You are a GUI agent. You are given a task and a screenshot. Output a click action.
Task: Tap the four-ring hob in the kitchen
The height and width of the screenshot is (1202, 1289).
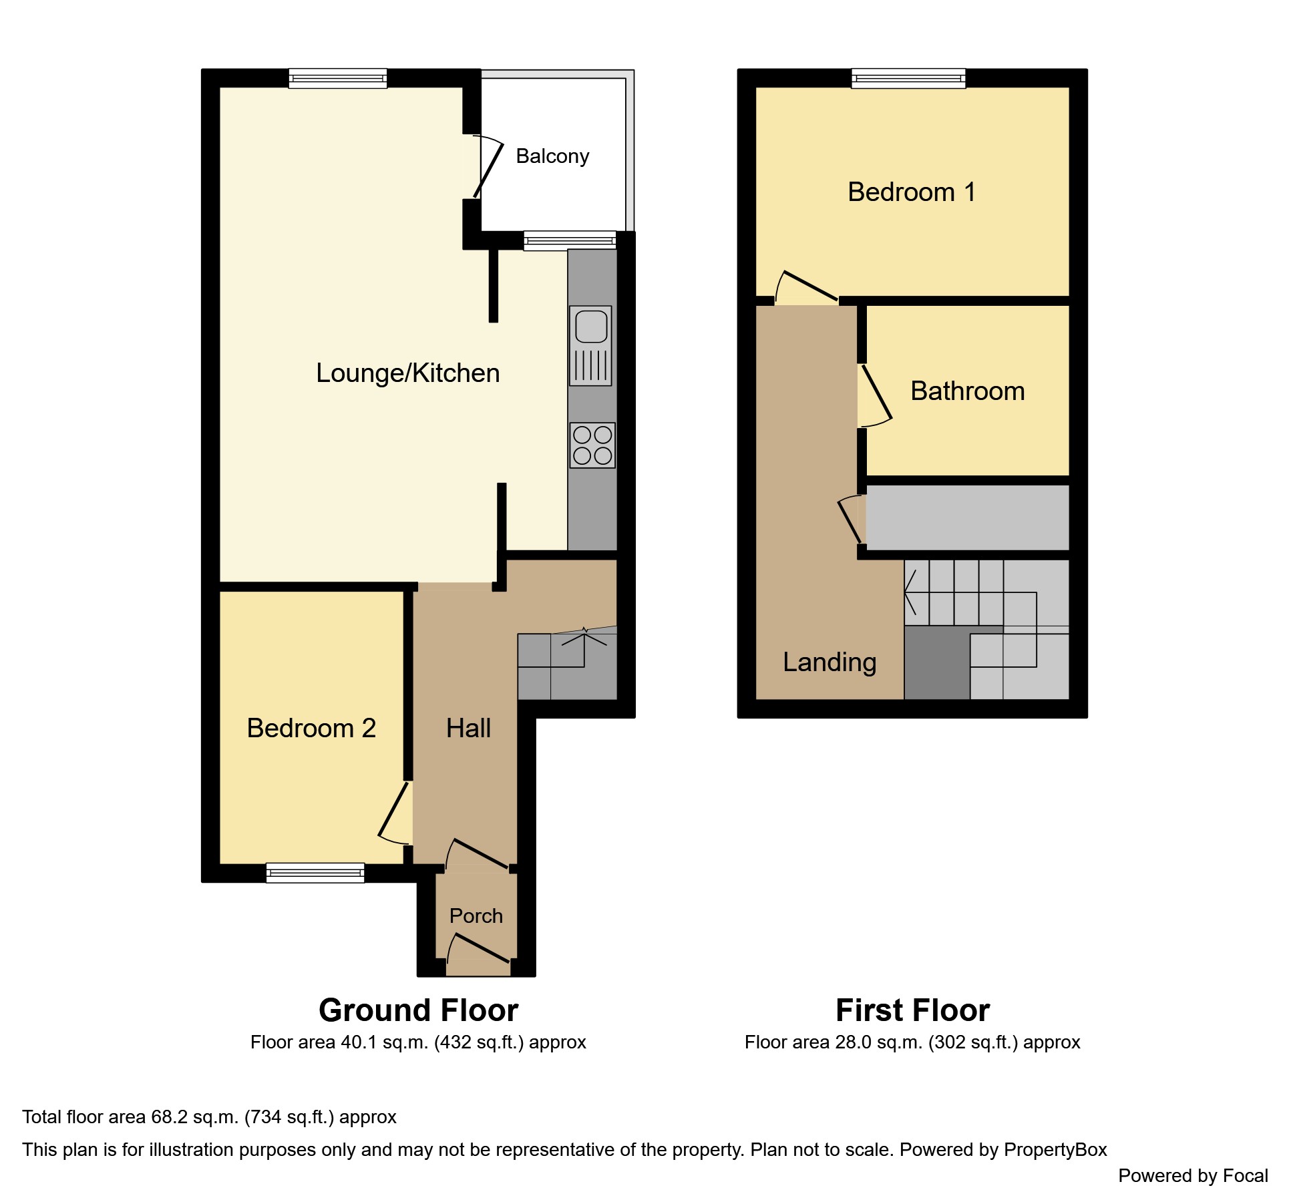pyautogui.click(x=592, y=445)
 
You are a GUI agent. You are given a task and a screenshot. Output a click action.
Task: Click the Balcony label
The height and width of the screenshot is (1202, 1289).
pyautogui.click(x=553, y=156)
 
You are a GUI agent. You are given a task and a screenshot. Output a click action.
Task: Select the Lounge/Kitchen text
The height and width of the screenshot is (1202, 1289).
pyautogui.click(x=408, y=373)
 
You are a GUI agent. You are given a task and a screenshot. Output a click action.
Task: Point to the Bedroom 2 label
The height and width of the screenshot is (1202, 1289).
pyautogui.click(x=311, y=728)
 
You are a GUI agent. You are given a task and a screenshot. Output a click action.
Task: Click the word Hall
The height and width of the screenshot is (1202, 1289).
pyautogui.click(x=468, y=728)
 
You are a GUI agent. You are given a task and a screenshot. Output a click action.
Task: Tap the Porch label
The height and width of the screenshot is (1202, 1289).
pyautogui.click(x=476, y=916)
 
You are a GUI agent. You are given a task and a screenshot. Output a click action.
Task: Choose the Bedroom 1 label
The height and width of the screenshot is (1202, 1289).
pyautogui.click(x=912, y=192)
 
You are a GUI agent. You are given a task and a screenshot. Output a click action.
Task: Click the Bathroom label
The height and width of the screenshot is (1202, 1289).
pyautogui.click(x=968, y=391)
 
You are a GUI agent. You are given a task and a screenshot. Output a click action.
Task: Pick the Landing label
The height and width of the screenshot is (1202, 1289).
pyautogui.click(x=830, y=662)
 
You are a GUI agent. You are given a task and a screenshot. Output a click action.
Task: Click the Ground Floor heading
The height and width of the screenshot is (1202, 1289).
pyautogui.click(x=419, y=1010)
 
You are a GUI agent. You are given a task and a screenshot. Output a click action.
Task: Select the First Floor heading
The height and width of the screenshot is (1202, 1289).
pyautogui.click(x=913, y=1010)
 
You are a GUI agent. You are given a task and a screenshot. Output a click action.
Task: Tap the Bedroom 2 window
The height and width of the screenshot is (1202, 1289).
pyautogui.click(x=315, y=873)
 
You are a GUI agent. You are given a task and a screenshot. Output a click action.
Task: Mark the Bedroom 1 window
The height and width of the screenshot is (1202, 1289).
pyautogui.click(x=909, y=79)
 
